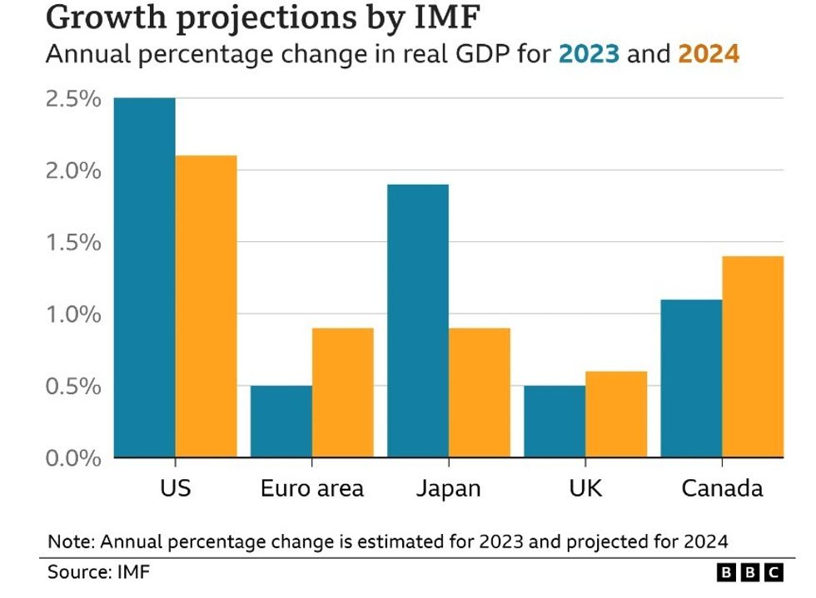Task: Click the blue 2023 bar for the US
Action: (x=144, y=278)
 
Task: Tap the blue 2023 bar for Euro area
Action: (x=281, y=422)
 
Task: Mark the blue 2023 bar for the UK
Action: (x=554, y=422)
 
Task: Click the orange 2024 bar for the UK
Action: (x=615, y=414)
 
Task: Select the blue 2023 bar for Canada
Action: (x=690, y=378)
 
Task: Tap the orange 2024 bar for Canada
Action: (x=752, y=357)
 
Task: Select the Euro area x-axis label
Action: (x=311, y=488)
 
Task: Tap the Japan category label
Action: (x=448, y=488)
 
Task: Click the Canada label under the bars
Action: (x=721, y=488)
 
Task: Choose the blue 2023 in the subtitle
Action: (x=589, y=54)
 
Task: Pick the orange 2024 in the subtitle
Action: (x=709, y=54)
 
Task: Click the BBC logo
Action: (x=749, y=572)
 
